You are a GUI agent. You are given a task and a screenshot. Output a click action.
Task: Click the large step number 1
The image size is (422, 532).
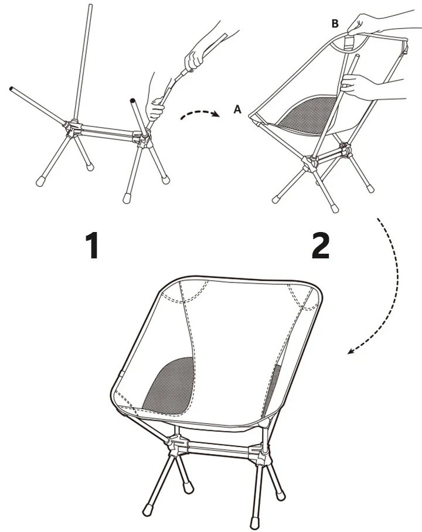click(92, 245)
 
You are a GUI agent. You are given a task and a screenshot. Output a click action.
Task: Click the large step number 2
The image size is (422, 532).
click(321, 245)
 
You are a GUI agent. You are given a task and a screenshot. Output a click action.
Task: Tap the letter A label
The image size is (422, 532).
click(237, 109)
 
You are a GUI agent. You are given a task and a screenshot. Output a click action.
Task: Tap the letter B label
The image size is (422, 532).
click(335, 23)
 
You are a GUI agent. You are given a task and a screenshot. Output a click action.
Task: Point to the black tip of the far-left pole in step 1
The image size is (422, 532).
click(11, 88)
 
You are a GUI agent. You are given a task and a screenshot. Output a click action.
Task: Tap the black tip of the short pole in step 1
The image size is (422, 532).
click(132, 101)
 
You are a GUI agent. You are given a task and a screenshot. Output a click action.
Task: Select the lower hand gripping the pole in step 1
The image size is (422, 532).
click(155, 98)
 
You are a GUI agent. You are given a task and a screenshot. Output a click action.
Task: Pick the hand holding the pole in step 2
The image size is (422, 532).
click(360, 87)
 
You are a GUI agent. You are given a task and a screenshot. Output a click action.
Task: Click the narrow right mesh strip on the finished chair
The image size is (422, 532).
click(273, 390)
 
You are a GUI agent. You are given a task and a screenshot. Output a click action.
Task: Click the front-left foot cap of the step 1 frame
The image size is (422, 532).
click(41, 181)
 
